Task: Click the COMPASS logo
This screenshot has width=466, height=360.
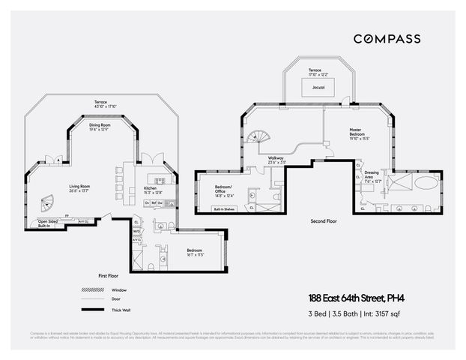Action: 387,39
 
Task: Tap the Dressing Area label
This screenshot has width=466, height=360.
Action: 372,179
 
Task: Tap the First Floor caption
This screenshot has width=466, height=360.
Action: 109,276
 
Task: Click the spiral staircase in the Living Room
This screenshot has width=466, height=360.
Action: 47,202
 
